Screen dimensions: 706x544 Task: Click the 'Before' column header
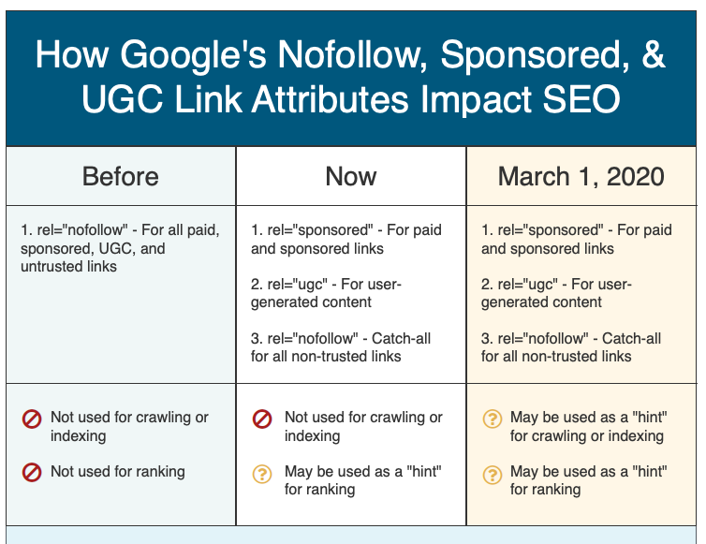[x=120, y=176]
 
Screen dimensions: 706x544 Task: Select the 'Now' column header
[x=351, y=176]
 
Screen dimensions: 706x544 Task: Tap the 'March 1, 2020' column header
[x=581, y=176]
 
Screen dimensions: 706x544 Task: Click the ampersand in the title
[x=654, y=54]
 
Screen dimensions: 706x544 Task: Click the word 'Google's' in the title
[x=193, y=56]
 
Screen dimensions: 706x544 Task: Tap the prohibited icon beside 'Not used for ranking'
[x=32, y=473]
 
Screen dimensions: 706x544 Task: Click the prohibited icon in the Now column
[x=262, y=419]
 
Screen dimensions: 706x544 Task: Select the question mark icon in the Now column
[x=262, y=474]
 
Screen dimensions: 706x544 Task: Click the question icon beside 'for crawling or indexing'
[x=493, y=419]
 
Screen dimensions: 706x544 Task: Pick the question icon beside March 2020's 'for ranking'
[x=493, y=474]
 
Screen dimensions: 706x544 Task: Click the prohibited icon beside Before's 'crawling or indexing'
[x=32, y=419]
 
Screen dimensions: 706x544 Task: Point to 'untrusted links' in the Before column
[x=68, y=267]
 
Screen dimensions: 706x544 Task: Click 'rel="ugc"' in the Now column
[x=298, y=285]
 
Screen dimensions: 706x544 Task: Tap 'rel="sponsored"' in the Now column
[x=320, y=230]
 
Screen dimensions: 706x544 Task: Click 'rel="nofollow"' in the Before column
[x=82, y=230]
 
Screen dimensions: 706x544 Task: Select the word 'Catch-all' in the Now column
[x=401, y=338]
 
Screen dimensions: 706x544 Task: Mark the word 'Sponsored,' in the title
[x=535, y=56]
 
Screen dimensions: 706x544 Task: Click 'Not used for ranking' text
[x=118, y=472]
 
